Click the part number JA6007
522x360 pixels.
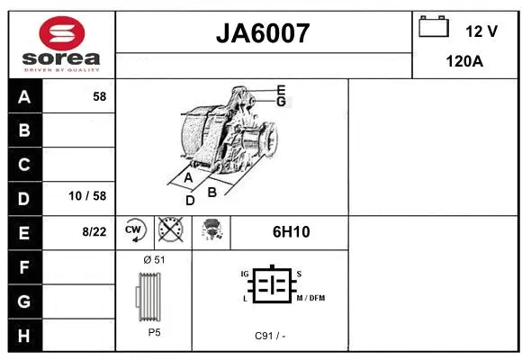(263, 33)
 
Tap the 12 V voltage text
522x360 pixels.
(481, 31)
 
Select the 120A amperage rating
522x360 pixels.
(465, 61)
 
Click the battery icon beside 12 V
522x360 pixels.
(434, 28)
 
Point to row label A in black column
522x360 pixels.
(24, 97)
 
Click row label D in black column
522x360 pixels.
(24, 198)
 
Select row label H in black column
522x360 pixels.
(24, 335)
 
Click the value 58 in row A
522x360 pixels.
(99, 96)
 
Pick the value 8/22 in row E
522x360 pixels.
(94, 231)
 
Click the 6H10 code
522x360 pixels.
(291, 231)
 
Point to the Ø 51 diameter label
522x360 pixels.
(153, 260)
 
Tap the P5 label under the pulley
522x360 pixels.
(154, 331)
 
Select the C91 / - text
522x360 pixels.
(270, 336)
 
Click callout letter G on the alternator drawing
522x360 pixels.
(281, 102)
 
